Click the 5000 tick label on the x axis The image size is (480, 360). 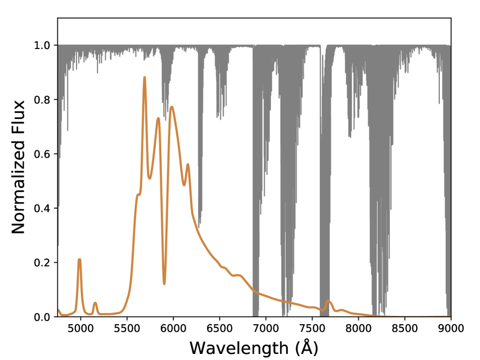(80, 329)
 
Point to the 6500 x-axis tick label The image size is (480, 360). (220, 329)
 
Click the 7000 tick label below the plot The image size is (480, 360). (266, 329)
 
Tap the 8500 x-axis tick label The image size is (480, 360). (405, 329)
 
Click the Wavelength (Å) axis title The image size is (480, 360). (254, 348)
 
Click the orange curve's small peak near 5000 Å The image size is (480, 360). (80, 259)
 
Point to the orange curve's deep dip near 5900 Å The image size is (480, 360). (164, 283)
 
